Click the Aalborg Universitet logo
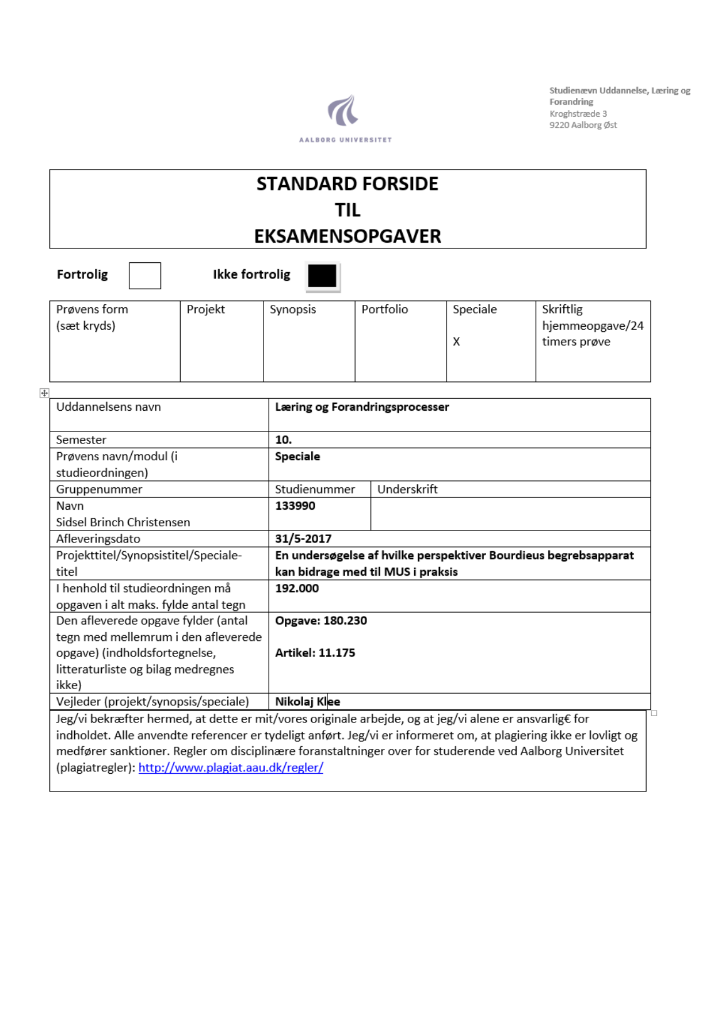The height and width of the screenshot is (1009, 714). tap(345, 117)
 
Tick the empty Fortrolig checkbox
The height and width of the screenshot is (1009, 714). tap(144, 276)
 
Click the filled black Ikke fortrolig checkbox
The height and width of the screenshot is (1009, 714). tap(322, 276)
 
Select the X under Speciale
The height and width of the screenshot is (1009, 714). tap(456, 342)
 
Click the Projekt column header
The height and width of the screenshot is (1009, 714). tap(205, 309)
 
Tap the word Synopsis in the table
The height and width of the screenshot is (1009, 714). tap(293, 309)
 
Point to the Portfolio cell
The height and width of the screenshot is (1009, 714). tap(384, 309)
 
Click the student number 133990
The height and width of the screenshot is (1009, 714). tap(295, 506)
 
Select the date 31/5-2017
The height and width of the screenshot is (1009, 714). tap(303, 538)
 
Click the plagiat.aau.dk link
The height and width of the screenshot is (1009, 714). tap(231, 767)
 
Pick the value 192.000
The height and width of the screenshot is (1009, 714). tap(297, 588)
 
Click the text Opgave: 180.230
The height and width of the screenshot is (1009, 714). tap(321, 621)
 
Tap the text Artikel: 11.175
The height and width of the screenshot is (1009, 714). tap(315, 653)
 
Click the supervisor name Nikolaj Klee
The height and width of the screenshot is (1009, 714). tap(308, 702)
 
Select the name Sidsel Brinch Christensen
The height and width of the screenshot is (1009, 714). tap(123, 522)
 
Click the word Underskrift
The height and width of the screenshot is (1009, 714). tap(407, 489)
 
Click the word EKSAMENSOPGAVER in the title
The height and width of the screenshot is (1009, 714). tap(348, 236)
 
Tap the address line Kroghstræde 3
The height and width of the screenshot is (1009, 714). tap(578, 114)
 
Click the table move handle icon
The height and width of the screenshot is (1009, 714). tap(44, 393)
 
